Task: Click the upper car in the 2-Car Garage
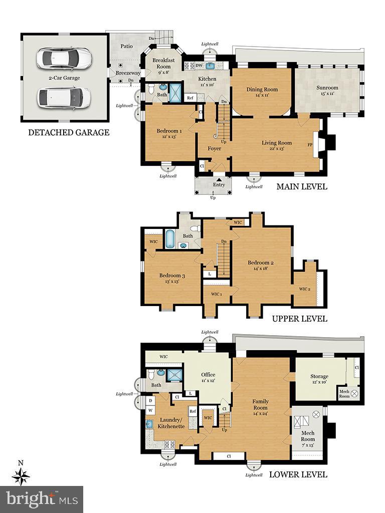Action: pyautogui.click(x=64, y=58)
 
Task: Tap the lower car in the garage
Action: pyautogui.click(x=64, y=98)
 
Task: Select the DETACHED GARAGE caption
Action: pyautogui.click(x=69, y=133)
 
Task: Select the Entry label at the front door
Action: pyautogui.click(x=219, y=185)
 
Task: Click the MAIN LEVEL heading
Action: pyautogui.click(x=302, y=187)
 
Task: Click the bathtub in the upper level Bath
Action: pyautogui.click(x=170, y=238)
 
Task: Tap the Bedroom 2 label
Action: pyautogui.click(x=261, y=266)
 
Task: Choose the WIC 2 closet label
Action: pyautogui.click(x=305, y=289)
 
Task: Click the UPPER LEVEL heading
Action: pyautogui.click(x=299, y=319)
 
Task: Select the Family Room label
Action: pyautogui.click(x=260, y=404)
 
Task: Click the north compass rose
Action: pyautogui.click(x=21, y=475)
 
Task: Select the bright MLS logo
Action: pyautogui.click(x=42, y=499)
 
